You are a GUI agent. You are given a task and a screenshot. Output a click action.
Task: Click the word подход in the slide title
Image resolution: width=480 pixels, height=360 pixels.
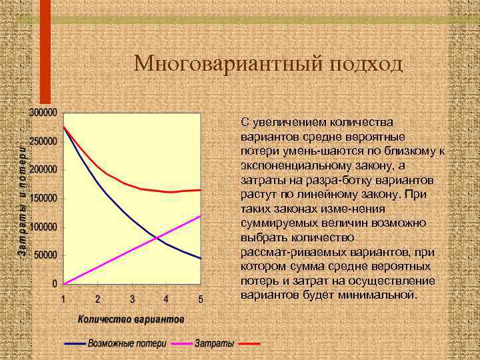(x=365, y=64)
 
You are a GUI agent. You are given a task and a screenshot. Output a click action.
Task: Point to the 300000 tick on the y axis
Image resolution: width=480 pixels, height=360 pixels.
(x=43, y=112)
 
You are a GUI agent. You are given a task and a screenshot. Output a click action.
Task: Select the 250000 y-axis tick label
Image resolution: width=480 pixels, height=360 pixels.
(x=43, y=141)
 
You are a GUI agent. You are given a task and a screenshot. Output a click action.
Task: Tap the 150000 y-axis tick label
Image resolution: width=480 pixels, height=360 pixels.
(x=43, y=198)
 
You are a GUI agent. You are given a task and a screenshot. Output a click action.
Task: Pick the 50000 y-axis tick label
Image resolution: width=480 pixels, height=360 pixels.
(x=45, y=255)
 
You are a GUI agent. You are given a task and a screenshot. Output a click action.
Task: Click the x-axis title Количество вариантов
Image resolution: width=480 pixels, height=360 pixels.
(x=131, y=319)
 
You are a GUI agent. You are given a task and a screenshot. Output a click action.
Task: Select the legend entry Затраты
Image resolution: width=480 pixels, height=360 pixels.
(x=214, y=344)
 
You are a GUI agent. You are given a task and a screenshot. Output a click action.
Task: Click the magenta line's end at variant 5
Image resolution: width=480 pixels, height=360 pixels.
(x=201, y=215)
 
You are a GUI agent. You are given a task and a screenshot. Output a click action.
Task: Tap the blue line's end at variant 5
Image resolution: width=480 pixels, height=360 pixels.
(x=201, y=258)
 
